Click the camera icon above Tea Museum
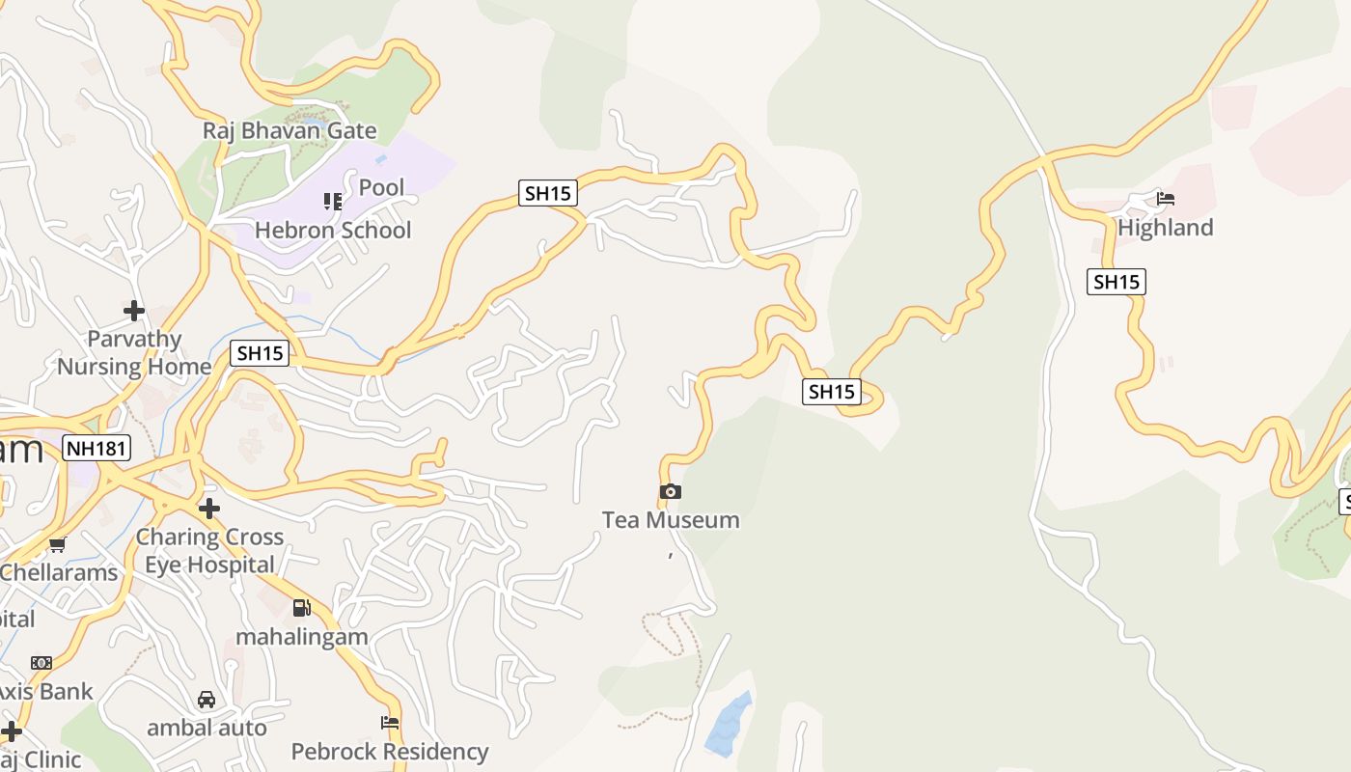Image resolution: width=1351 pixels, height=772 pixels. tap(671, 492)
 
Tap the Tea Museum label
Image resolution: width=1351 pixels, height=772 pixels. tap(671, 520)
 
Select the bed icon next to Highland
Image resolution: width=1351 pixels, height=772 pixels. tap(1166, 200)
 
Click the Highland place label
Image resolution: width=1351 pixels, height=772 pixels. tap(1166, 228)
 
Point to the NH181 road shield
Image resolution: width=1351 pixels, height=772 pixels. tap(96, 448)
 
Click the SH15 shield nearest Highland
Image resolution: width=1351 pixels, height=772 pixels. tap(1117, 282)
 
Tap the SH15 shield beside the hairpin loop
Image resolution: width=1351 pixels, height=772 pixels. tap(832, 391)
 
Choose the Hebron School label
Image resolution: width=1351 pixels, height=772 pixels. tap(333, 231)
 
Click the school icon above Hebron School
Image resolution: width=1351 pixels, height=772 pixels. tap(333, 202)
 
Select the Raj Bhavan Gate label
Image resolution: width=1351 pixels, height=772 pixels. tap(289, 130)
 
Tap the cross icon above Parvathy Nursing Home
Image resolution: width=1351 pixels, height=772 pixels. tap(134, 311)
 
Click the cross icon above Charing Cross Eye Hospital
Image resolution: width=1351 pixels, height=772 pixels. tap(209, 509)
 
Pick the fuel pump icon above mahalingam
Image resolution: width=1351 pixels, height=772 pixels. tap(302, 608)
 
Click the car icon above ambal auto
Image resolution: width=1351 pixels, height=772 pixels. tap(207, 700)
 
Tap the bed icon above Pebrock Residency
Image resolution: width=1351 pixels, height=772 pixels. tap(390, 722)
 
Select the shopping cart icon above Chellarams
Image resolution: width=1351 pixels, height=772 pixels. tap(58, 545)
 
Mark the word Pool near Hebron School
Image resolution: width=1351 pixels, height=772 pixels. tap(381, 187)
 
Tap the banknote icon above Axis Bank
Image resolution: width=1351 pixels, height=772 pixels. tap(41, 663)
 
